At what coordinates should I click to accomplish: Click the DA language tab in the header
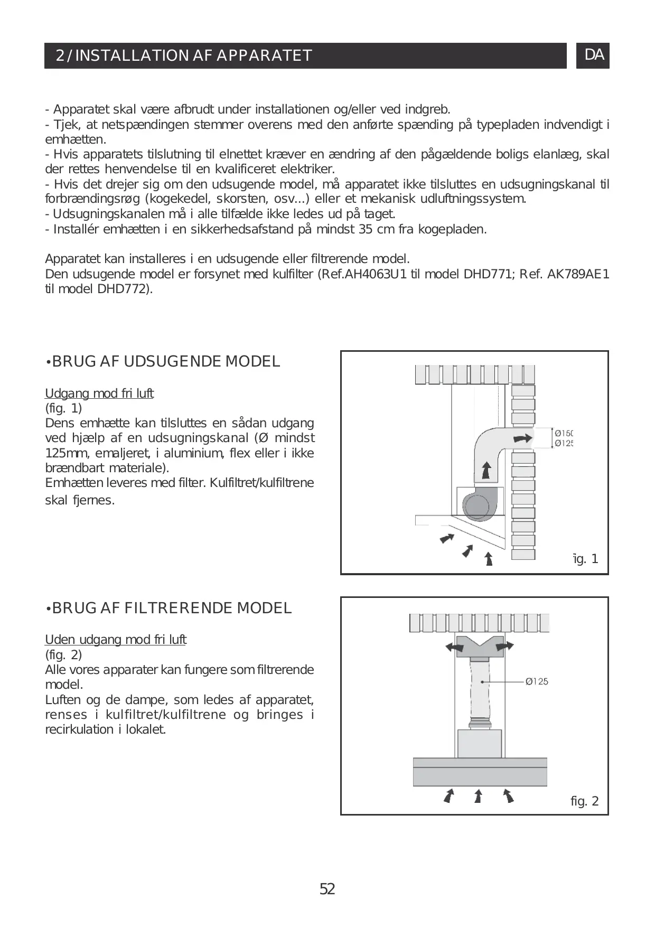point(594,55)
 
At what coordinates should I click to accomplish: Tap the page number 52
point(327,889)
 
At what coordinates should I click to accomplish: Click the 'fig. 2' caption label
point(585,801)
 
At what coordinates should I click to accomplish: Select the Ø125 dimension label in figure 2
point(537,681)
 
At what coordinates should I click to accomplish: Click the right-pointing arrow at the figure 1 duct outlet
point(523,438)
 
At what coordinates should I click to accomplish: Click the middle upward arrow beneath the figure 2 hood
point(478,796)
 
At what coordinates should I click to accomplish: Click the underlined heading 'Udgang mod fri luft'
point(99,394)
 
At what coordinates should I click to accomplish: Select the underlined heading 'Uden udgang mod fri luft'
point(116,640)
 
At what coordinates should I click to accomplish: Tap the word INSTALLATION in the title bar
point(132,55)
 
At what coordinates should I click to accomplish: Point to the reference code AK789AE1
point(577,274)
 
